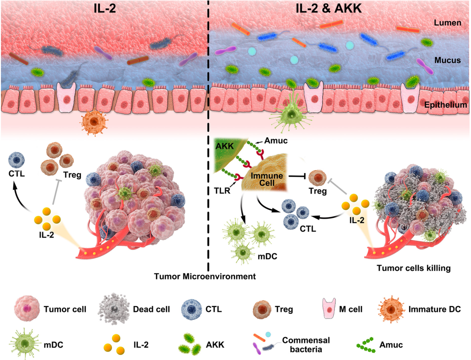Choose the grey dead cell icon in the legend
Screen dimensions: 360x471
(113, 309)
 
